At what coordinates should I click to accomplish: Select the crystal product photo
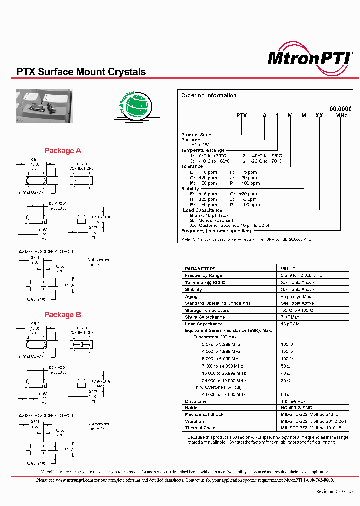point(44,106)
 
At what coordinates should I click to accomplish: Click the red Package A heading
point(63,151)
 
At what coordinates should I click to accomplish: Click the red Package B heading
point(62,315)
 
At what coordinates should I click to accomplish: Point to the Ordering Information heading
point(209,95)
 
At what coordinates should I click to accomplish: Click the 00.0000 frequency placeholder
point(340,108)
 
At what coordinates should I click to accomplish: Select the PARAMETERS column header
point(200,268)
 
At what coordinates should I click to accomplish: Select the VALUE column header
point(288,268)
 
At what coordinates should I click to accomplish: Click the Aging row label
point(191,296)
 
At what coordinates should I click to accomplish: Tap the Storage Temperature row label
point(206,310)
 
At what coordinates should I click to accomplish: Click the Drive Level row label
point(197,401)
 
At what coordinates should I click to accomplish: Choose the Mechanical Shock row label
point(204,414)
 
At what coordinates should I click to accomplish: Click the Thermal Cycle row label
point(200,428)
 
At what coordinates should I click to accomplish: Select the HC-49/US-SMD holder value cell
point(298,407)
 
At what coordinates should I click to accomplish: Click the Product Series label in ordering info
point(197,135)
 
